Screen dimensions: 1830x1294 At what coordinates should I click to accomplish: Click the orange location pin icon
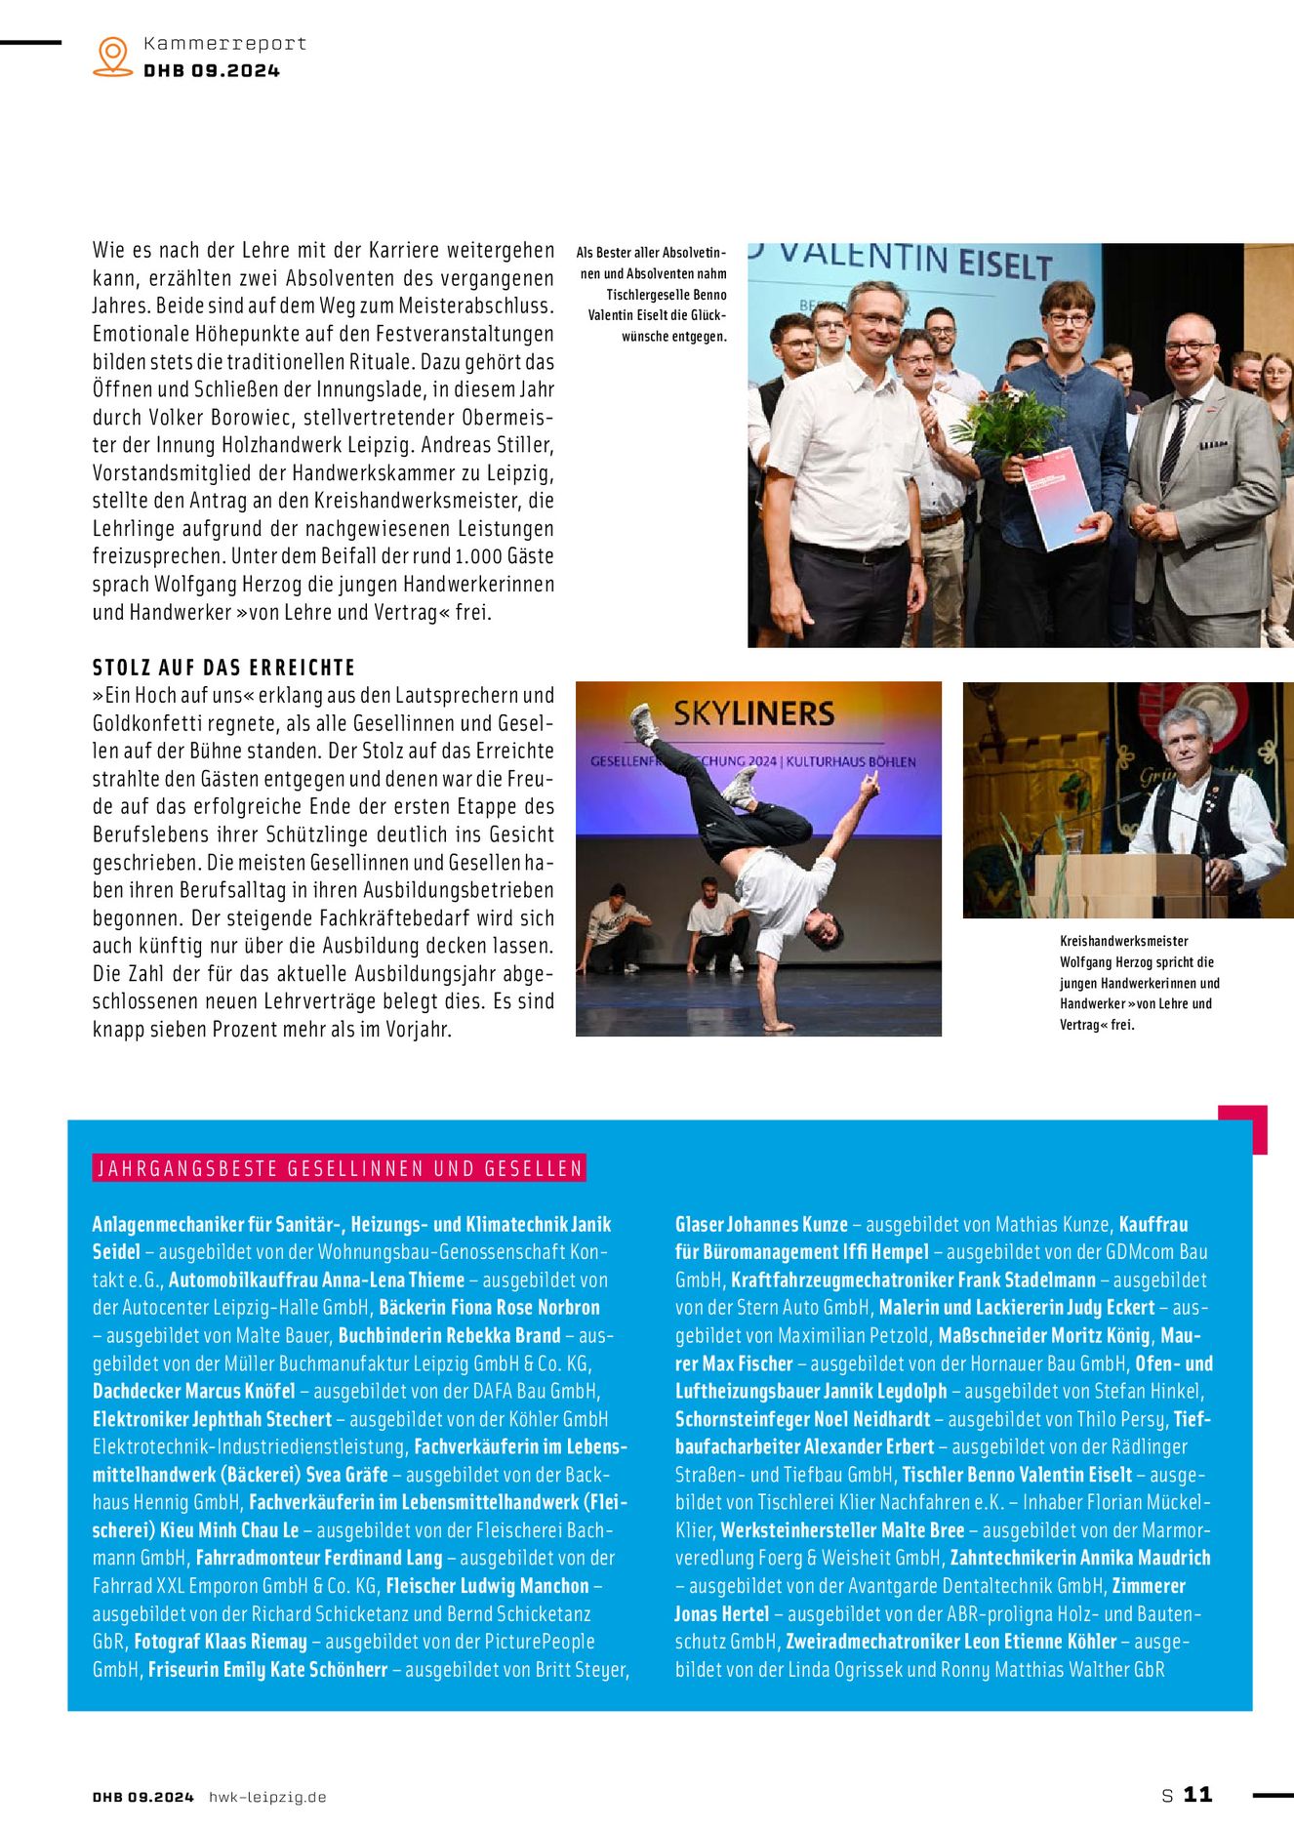tap(113, 56)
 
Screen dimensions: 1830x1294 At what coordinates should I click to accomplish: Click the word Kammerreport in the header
tap(224, 44)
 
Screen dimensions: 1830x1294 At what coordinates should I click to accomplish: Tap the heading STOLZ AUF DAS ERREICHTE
tap(223, 668)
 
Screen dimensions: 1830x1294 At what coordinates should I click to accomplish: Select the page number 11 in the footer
tap(1197, 1794)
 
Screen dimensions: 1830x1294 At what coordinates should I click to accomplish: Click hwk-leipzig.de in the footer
tap(267, 1797)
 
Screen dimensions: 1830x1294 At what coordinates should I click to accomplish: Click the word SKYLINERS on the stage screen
tap(753, 713)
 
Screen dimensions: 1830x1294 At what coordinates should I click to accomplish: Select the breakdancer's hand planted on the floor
tap(777, 1024)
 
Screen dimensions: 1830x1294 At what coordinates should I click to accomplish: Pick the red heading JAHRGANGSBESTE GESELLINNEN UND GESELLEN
tap(339, 1168)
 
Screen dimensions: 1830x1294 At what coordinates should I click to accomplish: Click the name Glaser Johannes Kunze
tap(761, 1224)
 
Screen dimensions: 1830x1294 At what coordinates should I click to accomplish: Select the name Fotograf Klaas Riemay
tap(221, 1642)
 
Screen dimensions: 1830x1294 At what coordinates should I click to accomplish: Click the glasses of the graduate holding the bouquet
tap(1068, 319)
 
